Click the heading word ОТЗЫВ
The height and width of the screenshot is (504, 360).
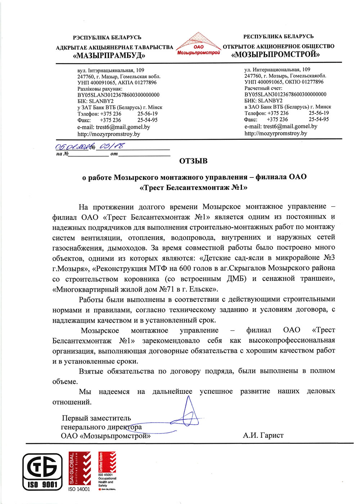click(193, 161)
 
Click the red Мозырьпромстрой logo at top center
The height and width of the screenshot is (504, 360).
click(198, 45)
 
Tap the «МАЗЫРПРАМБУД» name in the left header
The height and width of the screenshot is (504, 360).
click(109, 56)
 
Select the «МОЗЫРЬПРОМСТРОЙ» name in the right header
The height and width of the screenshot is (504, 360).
click(275, 55)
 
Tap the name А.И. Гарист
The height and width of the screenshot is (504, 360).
click(263, 436)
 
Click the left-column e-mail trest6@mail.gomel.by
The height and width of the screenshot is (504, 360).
click(113, 127)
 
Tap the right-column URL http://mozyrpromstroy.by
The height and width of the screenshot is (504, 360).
click(276, 133)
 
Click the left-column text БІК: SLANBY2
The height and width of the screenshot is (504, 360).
click(95, 101)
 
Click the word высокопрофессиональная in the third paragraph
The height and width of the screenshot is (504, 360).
click(292, 340)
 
